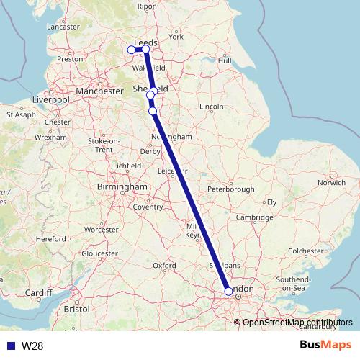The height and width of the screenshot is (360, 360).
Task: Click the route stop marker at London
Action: tap(228, 292)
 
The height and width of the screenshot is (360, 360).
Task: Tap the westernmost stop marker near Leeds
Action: tap(131, 50)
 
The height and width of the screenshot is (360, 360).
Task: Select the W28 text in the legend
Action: tap(31, 346)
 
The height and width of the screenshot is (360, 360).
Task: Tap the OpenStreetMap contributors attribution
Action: tap(297, 322)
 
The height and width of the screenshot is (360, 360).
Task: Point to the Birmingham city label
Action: tap(122, 187)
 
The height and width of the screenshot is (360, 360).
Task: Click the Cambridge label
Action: tap(257, 217)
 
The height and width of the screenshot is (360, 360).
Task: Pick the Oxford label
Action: tap(164, 266)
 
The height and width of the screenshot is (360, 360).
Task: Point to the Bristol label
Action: tap(76, 308)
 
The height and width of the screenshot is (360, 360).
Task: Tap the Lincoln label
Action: tap(212, 107)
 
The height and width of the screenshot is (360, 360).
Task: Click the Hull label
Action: tap(224, 60)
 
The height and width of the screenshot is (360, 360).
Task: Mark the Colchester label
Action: tap(306, 251)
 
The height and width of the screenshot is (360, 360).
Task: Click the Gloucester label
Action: tap(99, 253)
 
